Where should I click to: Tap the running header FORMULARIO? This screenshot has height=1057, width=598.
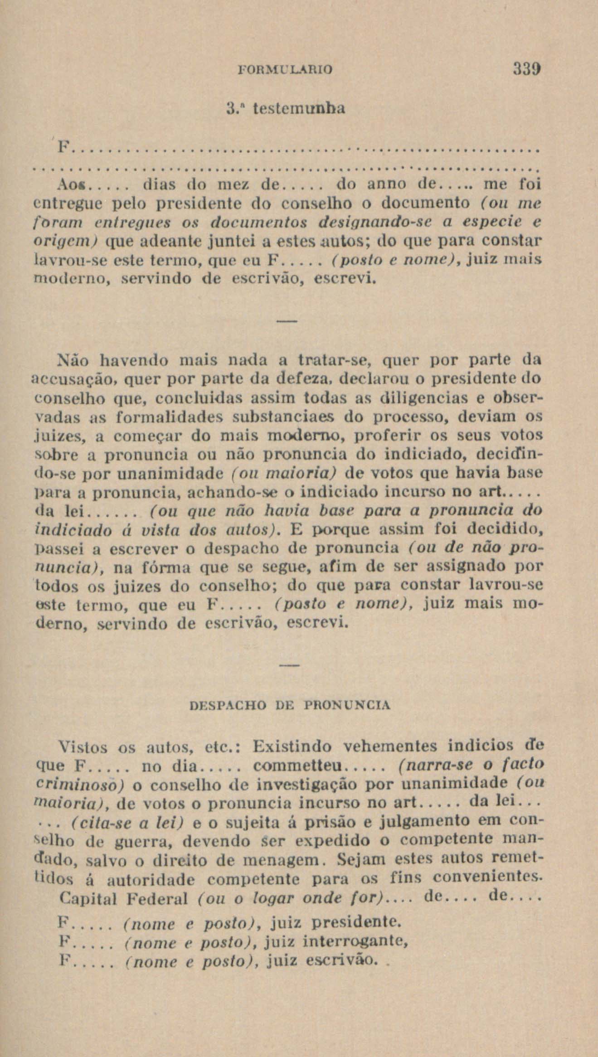(285, 69)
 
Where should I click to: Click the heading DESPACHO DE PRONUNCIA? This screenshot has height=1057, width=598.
(289, 706)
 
